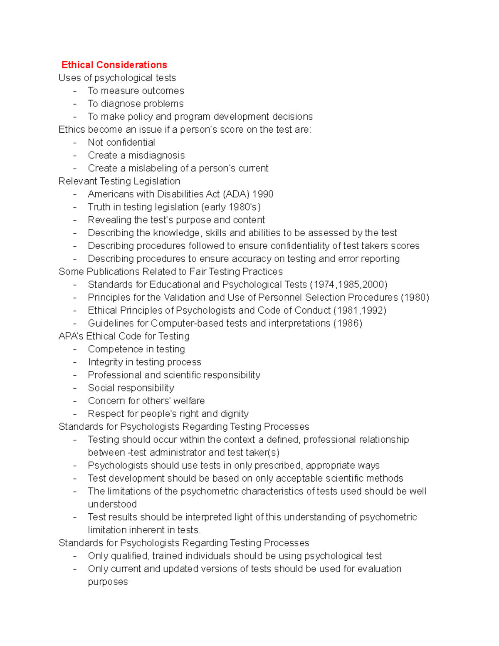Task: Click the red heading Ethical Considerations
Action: pos(114,65)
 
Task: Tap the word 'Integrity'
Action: pos(105,362)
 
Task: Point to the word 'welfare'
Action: pos(189,401)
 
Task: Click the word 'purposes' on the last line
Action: pos(108,582)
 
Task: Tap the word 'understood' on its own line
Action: pos(112,504)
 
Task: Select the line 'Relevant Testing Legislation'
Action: pos(119,181)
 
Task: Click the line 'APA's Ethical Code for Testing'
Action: pos(124,336)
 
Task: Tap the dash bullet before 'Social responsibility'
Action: pos(75,388)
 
